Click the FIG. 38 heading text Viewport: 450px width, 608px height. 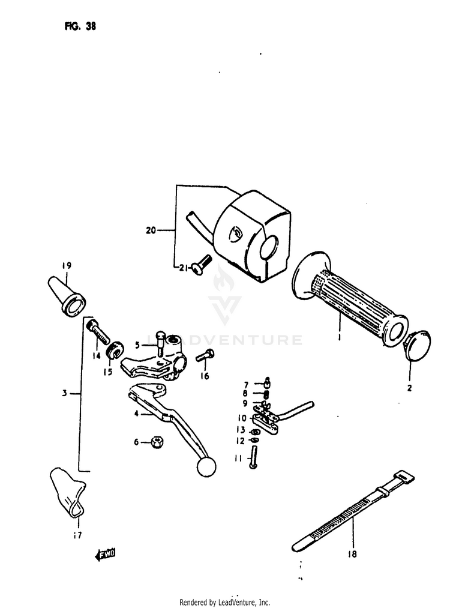79,26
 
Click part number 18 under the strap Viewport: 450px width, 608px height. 352,554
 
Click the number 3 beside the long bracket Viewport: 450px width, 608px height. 64,394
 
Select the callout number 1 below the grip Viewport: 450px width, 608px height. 339,338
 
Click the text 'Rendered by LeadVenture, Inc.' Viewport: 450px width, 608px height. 224,602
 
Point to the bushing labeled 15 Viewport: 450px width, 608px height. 114,349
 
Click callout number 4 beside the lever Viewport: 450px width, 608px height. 136,413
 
